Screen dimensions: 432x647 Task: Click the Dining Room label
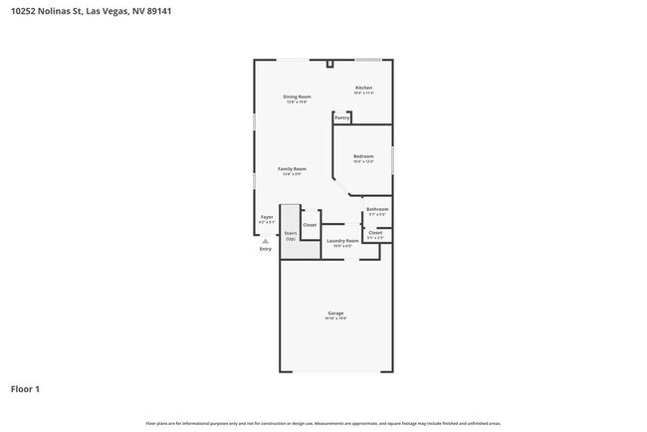coord(298,97)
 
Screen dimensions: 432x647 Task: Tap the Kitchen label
coord(364,88)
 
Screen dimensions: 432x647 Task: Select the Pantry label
coord(341,117)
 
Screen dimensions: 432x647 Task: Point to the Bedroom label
coord(363,156)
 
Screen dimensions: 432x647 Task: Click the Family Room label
coord(292,169)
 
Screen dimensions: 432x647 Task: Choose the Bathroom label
coord(377,209)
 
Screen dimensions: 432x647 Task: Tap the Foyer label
coord(267,217)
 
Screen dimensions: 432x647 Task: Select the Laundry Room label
coord(341,240)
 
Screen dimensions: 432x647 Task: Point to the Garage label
coord(335,313)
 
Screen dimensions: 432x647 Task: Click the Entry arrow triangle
coord(265,241)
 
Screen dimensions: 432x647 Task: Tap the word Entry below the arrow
coord(265,249)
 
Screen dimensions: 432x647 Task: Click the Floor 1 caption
coord(25,388)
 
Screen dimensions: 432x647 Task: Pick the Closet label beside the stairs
coord(310,225)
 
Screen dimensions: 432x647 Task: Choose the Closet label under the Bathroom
coord(375,233)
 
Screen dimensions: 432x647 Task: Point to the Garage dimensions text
coord(335,319)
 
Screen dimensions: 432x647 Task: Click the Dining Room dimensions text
coord(298,102)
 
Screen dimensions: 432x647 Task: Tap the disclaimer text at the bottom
coord(323,422)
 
